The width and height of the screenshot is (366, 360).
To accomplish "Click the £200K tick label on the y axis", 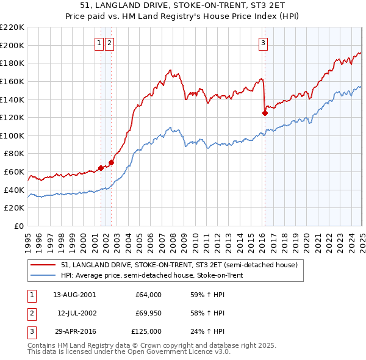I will [13, 45].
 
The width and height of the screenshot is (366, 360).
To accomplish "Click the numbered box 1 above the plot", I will [99, 43].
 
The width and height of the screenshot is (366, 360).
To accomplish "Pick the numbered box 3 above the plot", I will [263, 43].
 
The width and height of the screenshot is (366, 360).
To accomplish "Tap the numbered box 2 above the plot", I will [109, 43].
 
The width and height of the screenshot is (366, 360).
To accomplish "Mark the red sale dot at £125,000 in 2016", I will [265, 113].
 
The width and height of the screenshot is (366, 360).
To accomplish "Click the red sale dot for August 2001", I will [101, 168].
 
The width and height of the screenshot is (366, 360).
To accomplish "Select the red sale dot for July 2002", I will [112, 162].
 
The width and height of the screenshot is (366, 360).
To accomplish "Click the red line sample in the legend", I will [43, 265].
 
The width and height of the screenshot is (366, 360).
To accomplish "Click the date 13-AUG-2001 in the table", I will [74, 294].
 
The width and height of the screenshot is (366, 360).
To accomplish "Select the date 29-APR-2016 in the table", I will [74, 331].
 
